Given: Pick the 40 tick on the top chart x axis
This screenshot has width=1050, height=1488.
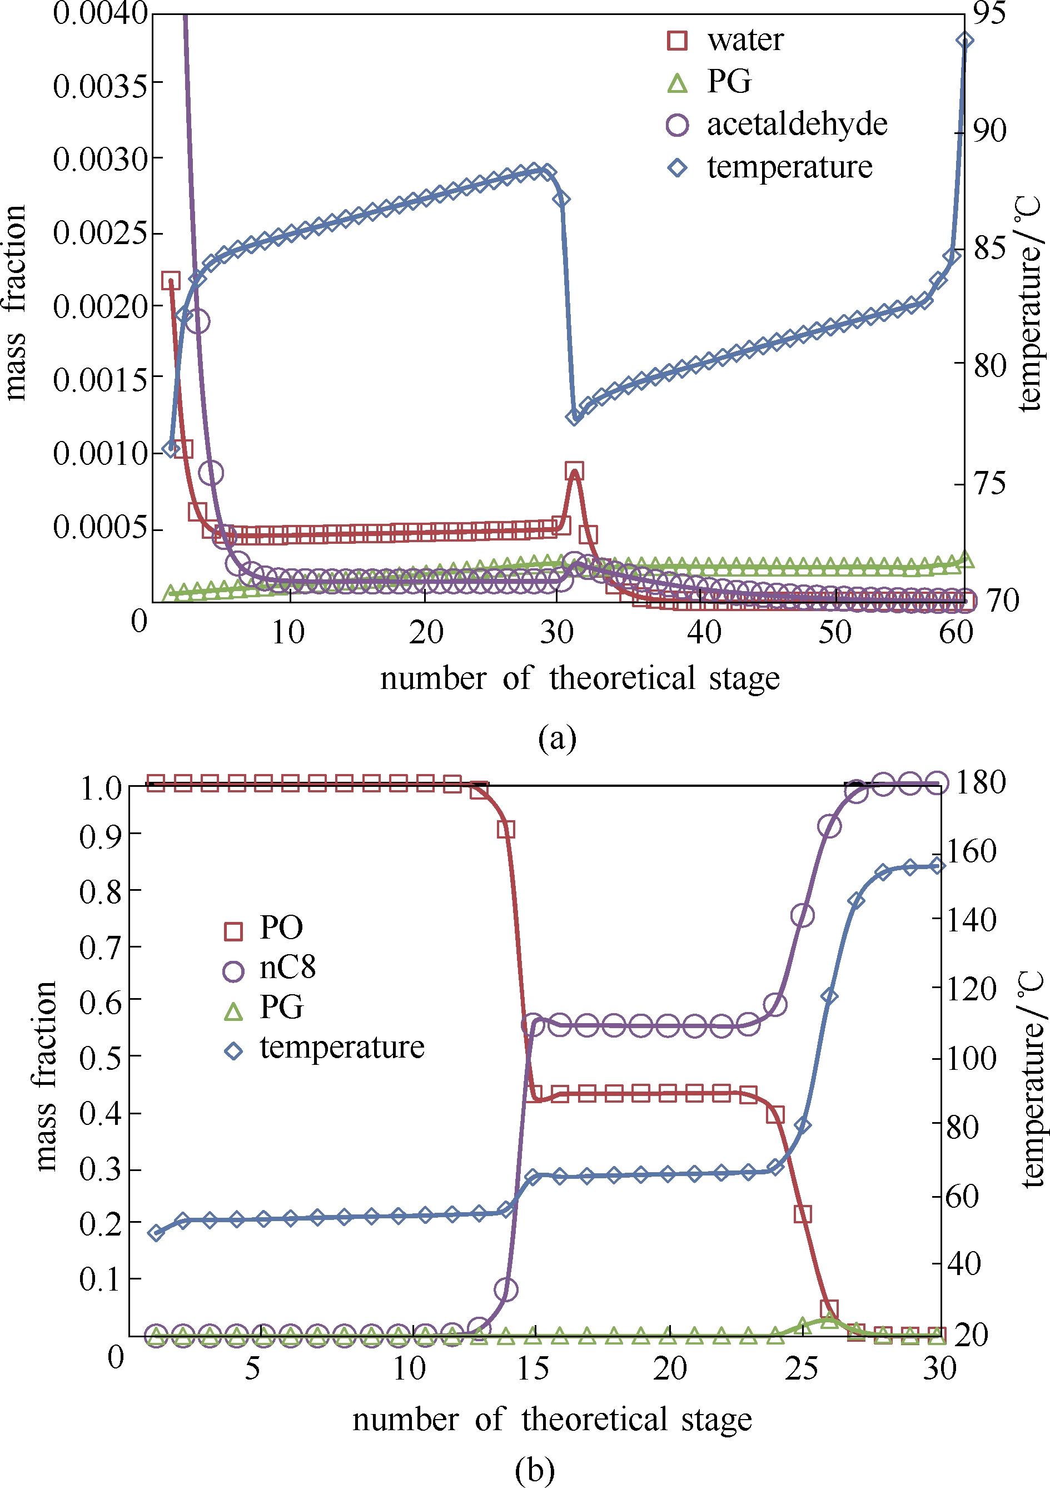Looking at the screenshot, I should click(704, 632).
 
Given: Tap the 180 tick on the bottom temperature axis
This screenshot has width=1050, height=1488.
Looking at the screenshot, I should click(981, 783).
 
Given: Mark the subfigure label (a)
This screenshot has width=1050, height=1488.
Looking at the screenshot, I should click(557, 738).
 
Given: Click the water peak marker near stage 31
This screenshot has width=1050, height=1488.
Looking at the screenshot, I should click(574, 471).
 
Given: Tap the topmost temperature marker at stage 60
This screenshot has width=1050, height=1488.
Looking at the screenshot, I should click(964, 41).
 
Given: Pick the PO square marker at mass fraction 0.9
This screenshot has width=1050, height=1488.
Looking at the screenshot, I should click(506, 830).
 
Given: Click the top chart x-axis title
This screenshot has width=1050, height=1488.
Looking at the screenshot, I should click(580, 678).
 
